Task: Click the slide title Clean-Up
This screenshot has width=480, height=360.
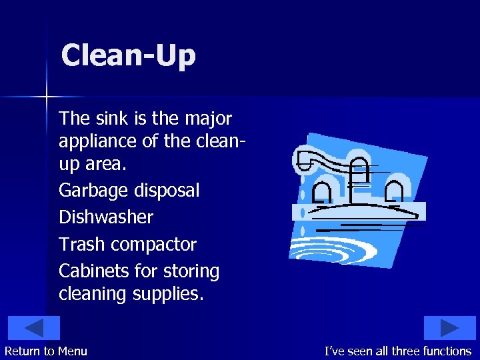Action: click(x=128, y=55)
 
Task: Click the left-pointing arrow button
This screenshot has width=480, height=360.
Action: click(x=34, y=328)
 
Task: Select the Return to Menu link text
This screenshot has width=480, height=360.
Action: click(x=46, y=351)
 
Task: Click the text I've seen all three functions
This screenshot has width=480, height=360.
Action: click(x=397, y=351)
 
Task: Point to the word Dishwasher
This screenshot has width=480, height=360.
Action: click(x=106, y=217)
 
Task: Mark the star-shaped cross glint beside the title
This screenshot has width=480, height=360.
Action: click(x=47, y=97)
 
